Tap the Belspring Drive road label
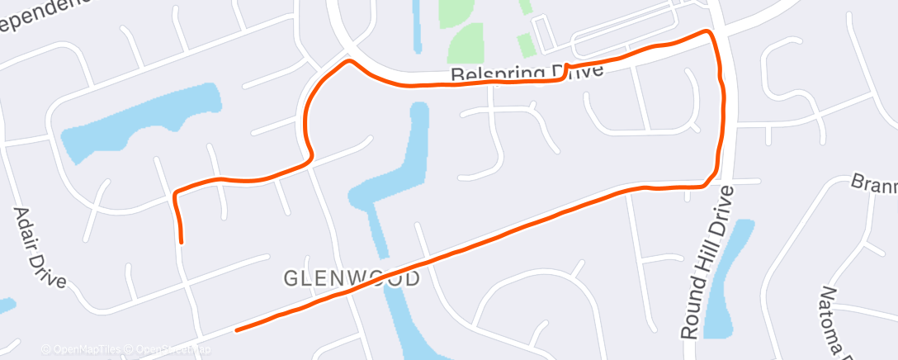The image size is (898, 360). tap(528, 74)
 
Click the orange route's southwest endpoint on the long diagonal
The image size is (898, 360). tap(237, 330)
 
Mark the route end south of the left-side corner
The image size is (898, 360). tap(181, 242)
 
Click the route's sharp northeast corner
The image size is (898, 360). tap(708, 31)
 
